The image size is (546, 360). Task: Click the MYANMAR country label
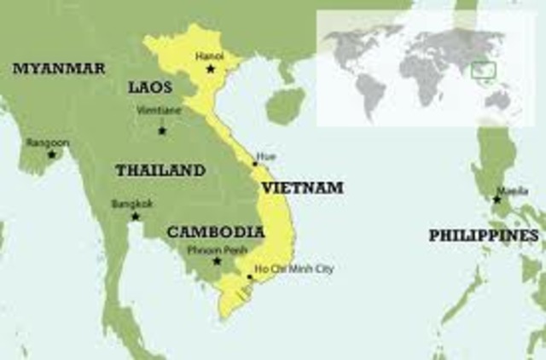point(59,68)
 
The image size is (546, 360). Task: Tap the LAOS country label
point(150,87)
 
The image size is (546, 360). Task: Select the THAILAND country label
point(160,170)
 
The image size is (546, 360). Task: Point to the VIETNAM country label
point(302,187)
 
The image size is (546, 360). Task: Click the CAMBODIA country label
point(215,231)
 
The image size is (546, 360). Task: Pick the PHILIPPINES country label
point(483,235)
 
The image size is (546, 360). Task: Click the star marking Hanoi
point(211,68)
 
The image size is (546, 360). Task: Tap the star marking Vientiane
point(162,130)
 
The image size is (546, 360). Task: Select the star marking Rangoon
point(51,154)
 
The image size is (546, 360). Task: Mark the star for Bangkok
point(135,216)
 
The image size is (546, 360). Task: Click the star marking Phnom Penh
point(218,261)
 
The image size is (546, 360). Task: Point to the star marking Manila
point(497,200)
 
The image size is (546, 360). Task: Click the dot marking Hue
point(254,164)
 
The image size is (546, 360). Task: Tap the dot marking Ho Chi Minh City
point(250,277)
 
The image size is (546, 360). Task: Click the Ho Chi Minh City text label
point(295,270)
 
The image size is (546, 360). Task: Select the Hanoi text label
point(210,55)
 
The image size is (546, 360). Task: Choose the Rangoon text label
point(48,142)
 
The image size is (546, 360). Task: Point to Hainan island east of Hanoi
point(284,106)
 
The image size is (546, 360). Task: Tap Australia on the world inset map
point(499,100)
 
